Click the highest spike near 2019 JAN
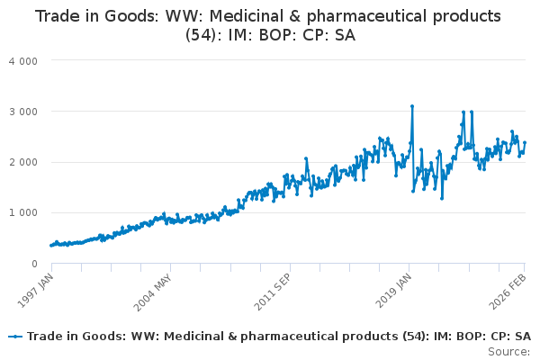(412, 106)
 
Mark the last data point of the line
(525, 142)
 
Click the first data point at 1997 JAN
(51, 246)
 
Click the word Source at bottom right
(508, 351)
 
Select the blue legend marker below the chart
(15, 337)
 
